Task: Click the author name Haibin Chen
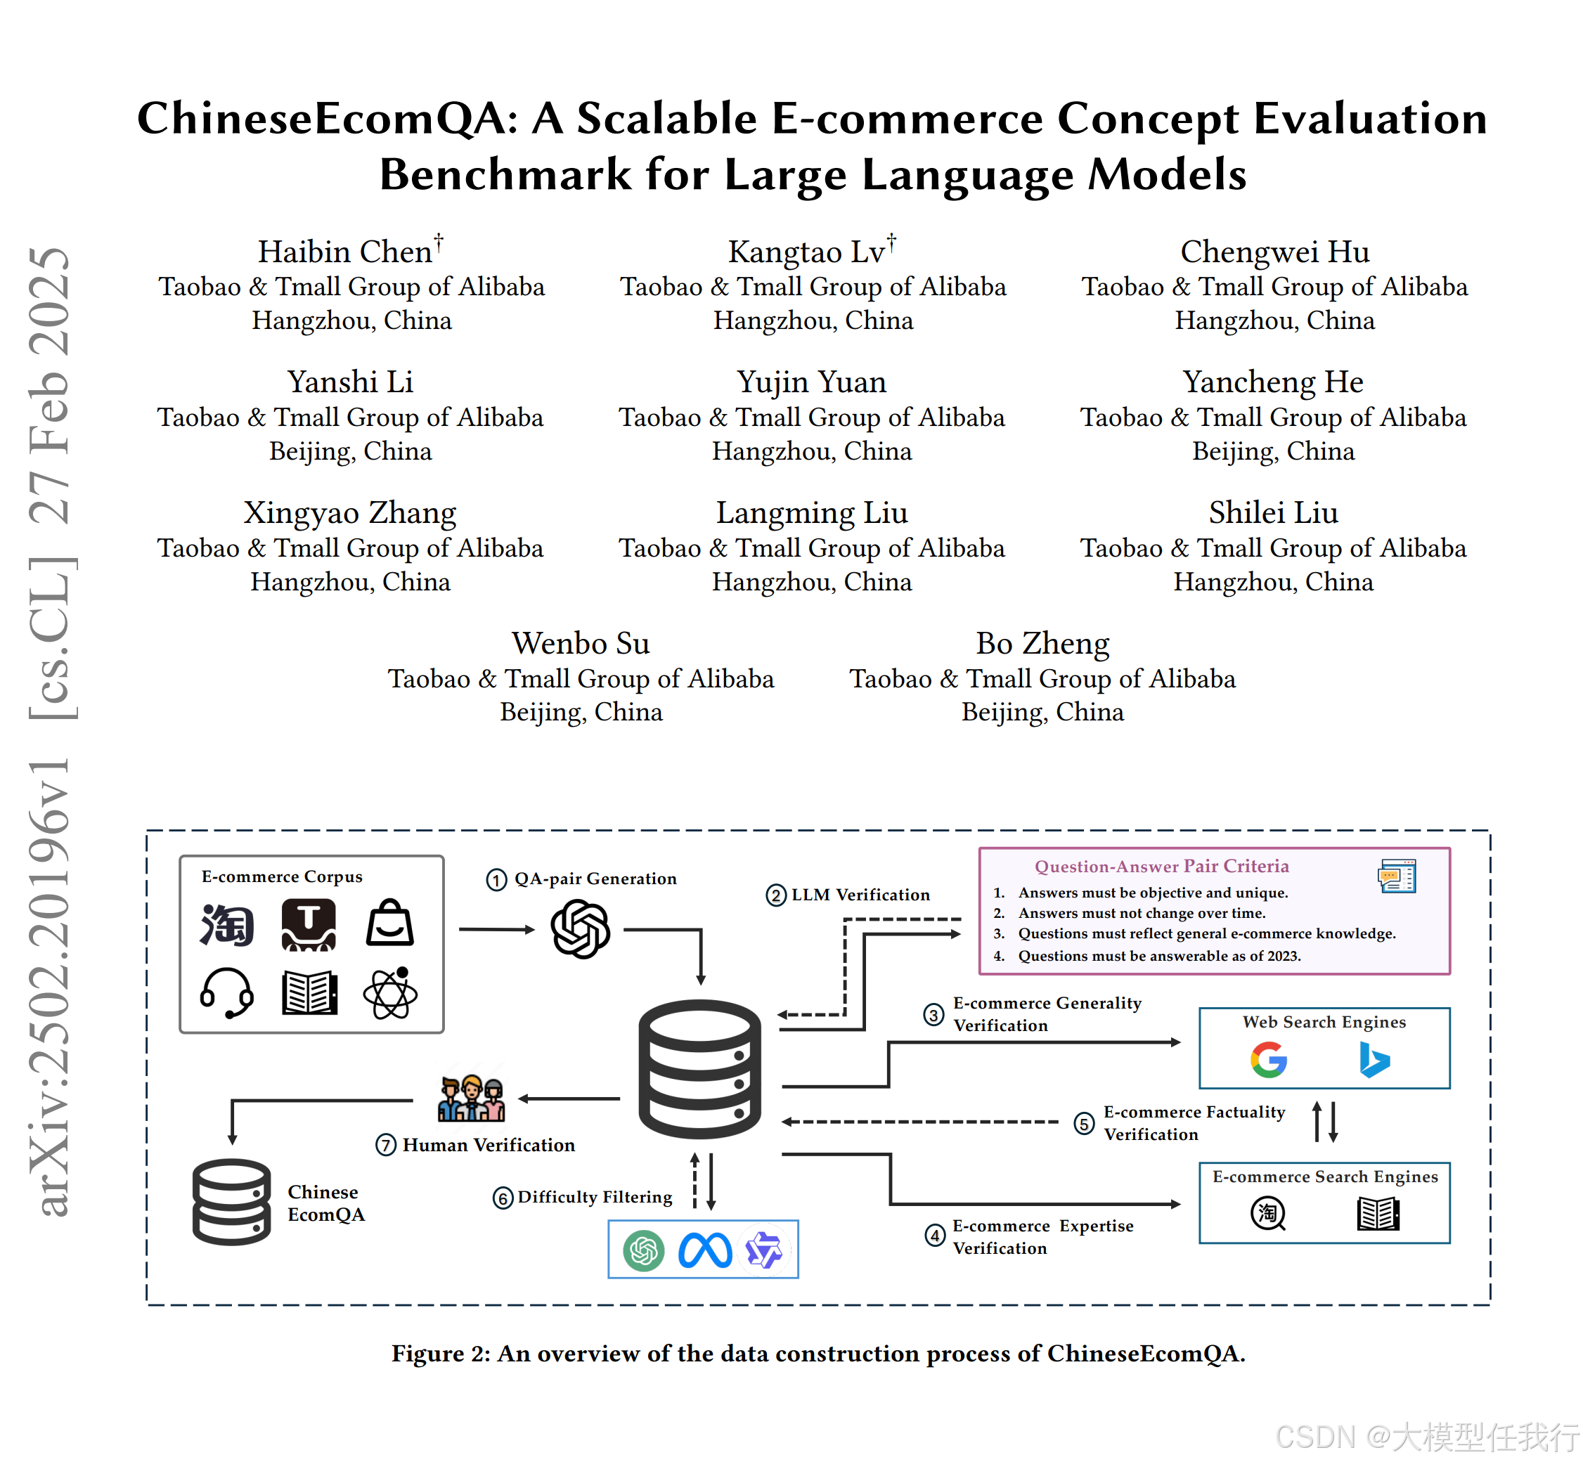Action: [x=345, y=252]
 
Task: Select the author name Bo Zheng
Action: [x=1042, y=643]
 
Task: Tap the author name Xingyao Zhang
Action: [x=349, y=512]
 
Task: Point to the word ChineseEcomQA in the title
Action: [x=328, y=119]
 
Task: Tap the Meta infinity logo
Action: [x=704, y=1251]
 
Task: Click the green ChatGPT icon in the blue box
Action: [x=643, y=1251]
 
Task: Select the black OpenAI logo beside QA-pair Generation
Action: [x=580, y=929]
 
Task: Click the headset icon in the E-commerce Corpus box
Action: [x=226, y=992]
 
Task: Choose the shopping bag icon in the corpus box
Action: [x=390, y=923]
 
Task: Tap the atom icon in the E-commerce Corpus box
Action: [x=390, y=992]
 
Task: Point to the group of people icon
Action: [x=472, y=1098]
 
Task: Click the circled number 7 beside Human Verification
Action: [x=386, y=1145]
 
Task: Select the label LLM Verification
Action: [x=860, y=895]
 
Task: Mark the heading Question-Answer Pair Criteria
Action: [x=1161, y=867]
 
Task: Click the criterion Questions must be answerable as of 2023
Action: [x=1158, y=956]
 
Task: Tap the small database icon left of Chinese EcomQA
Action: [x=231, y=1202]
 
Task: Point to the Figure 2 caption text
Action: [x=818, y=1354]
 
